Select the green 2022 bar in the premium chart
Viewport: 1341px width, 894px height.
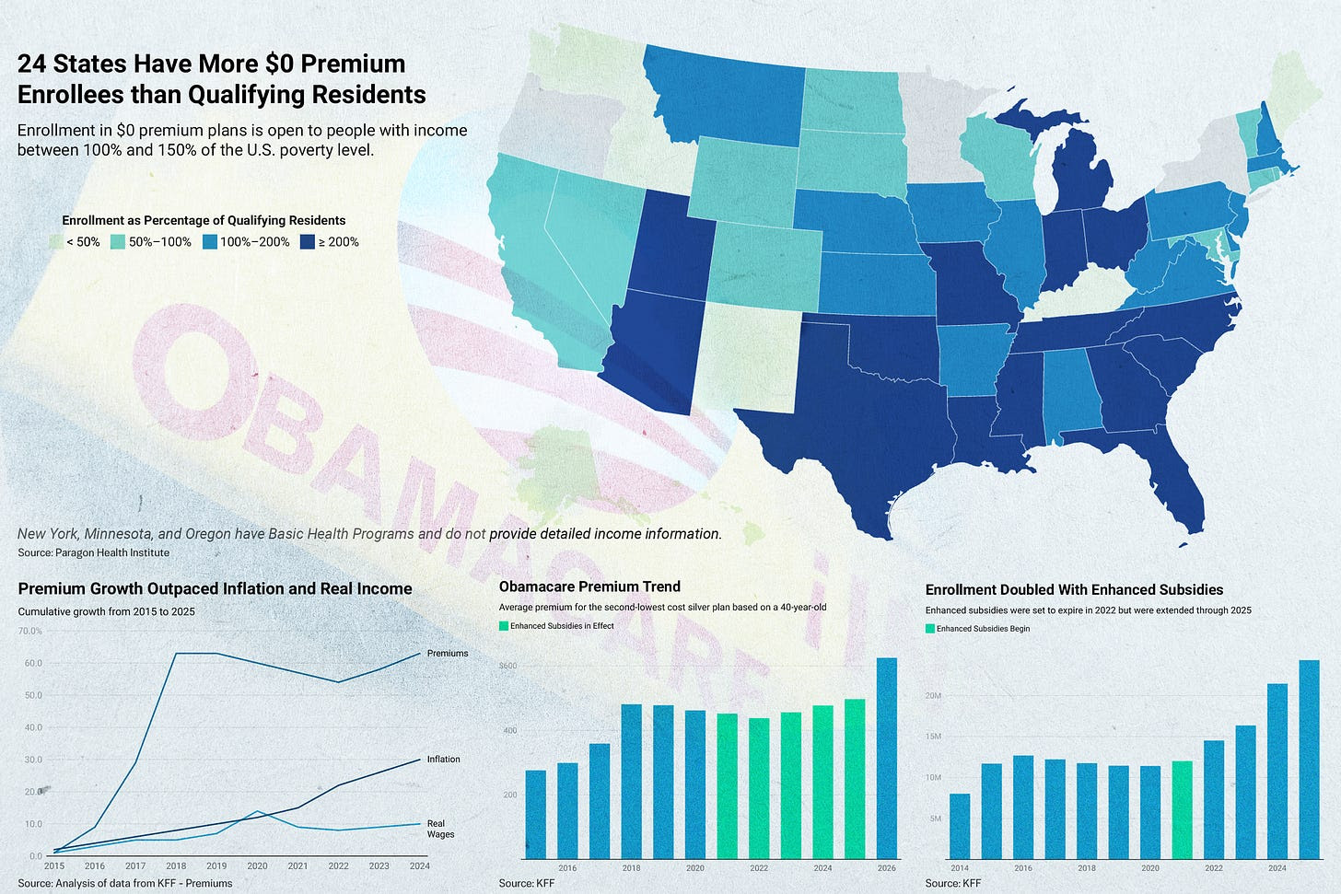coord(758,788)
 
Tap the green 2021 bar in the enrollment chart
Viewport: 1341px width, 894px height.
coord(1182,809)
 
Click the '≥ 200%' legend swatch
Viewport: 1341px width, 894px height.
coord(309,242)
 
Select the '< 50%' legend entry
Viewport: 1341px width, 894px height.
coord(76,242)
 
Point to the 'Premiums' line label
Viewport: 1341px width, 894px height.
coord(448,654)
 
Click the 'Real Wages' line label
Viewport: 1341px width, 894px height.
coord(439,829)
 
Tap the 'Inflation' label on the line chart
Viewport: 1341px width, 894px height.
coord(443,760)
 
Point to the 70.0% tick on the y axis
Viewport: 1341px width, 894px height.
coord(30,632)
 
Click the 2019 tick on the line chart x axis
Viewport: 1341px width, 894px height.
coord(216,866)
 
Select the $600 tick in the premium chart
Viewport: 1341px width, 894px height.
coord(508,666)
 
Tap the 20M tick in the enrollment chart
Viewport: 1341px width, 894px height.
coord(933,696)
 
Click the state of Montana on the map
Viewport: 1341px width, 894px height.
coord(728,101)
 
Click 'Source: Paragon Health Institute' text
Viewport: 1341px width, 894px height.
coord(94,552)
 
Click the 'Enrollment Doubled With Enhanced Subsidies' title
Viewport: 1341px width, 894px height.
coord(1074,590)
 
